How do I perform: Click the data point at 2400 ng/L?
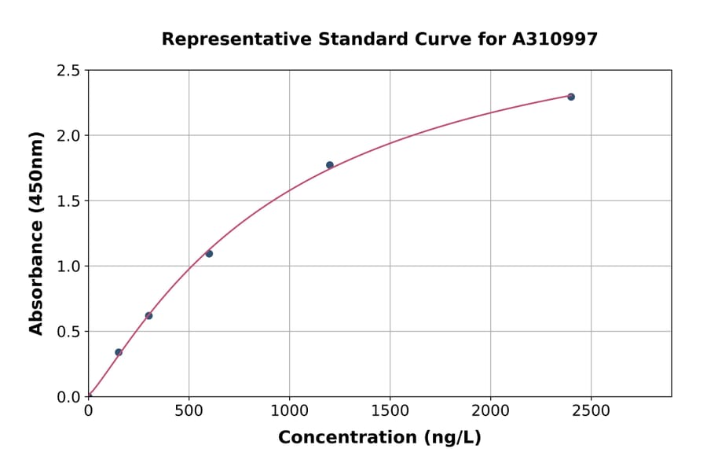coord(571,97)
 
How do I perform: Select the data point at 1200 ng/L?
coord(330,165)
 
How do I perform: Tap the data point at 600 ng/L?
coord(209,253)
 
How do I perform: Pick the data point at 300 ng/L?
coord(148,316)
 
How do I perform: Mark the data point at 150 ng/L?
coord(119,352)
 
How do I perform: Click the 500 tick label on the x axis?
coord(189,410)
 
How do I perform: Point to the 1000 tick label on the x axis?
coord(289,410)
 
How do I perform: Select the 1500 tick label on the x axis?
coord(390,410)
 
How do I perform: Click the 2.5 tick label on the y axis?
coord(69,71)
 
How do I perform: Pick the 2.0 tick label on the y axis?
coord(69,136)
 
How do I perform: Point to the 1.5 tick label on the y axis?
coord(69,201)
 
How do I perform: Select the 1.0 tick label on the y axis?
coord(69,267)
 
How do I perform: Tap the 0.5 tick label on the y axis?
coord(69,332)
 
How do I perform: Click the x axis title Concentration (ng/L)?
coord(379,437)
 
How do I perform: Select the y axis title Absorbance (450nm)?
coord(36,233)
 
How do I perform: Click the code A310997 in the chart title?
coord(555,39)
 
